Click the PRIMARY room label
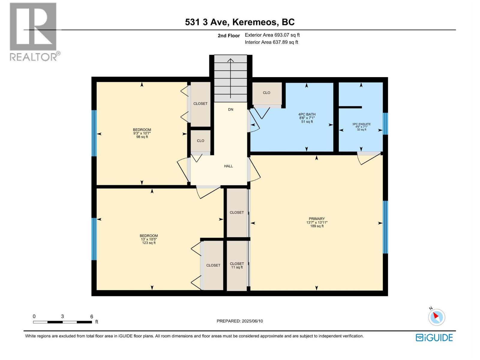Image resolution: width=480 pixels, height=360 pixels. point(317,222)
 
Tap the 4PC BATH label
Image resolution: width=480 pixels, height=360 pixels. point(307,118)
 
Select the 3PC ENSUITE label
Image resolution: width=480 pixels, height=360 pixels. point(361,126)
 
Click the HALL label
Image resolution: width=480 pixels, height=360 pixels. point(228,166)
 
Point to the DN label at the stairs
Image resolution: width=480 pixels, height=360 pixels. point(230,109)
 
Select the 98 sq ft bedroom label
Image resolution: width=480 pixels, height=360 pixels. point(142,133)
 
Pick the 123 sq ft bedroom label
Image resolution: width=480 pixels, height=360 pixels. point(149,239)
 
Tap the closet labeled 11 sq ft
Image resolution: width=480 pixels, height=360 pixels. point(237,265)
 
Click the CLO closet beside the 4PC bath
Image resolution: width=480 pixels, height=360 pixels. point(266,93)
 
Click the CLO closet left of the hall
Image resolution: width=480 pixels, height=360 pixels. point(200,141)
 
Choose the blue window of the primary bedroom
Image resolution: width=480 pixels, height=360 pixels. point(385,227)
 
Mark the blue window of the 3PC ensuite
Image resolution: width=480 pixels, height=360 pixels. point(385,124)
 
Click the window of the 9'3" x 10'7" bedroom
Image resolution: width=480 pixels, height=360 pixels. point(94,133)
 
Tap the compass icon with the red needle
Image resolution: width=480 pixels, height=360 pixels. point(436,317)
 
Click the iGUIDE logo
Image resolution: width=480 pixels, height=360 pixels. point(434,337)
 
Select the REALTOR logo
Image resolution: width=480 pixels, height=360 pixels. point(34,31)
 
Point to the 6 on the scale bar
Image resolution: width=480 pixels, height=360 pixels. point(92,316)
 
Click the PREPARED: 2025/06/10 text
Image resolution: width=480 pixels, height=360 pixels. point(240,321)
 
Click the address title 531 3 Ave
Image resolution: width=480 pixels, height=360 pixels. point(240,22)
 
